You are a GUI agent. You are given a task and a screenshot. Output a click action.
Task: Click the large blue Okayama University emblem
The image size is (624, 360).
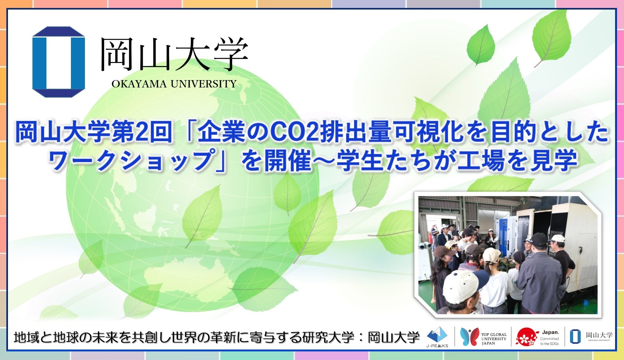click(x=59, y=62)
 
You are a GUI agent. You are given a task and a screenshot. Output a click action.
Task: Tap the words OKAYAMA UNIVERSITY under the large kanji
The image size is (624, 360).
click(x=174, y=84)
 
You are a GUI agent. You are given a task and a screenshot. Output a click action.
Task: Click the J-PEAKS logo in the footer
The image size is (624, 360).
click(x=437, y=337)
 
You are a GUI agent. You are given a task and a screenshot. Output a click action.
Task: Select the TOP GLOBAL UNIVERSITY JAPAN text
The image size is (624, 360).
click(x=494, y=339)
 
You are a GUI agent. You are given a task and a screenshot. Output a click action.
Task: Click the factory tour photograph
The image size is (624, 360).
click(x=508, y=255)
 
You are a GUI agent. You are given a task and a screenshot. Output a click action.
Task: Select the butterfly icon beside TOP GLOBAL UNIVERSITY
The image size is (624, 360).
click(x=469, y=337)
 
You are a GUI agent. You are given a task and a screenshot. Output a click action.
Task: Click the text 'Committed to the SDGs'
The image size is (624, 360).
click(x=550, y=341)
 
